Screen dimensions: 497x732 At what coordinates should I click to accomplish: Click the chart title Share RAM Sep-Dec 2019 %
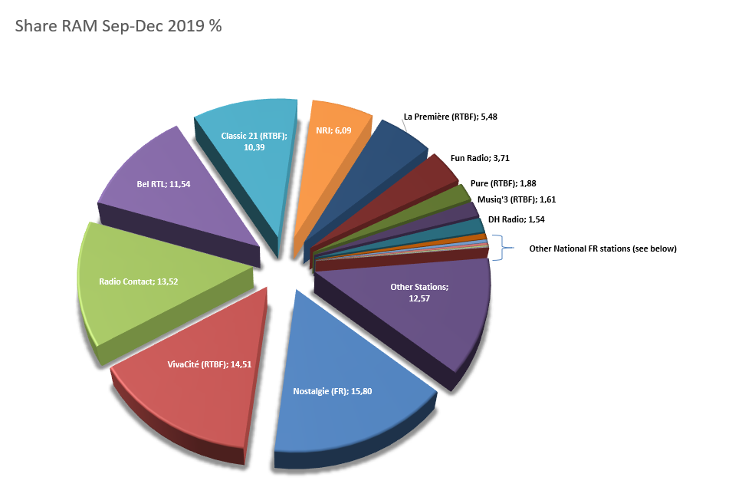pyautogui.click(x=119, y=25)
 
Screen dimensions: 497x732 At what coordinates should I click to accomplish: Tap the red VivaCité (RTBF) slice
pyautogui.click(x=192, y=399)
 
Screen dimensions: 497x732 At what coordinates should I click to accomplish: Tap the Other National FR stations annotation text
pyautogui.click(x=602, y=248)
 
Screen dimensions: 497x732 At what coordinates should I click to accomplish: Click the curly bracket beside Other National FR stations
pyautogui.click(x=501, y=248)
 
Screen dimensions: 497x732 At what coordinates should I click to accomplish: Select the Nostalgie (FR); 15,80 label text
pyautogui.click(x=333, y=391)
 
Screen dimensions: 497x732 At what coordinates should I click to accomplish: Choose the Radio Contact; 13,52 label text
pyautogui.click(x=140, y=281)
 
